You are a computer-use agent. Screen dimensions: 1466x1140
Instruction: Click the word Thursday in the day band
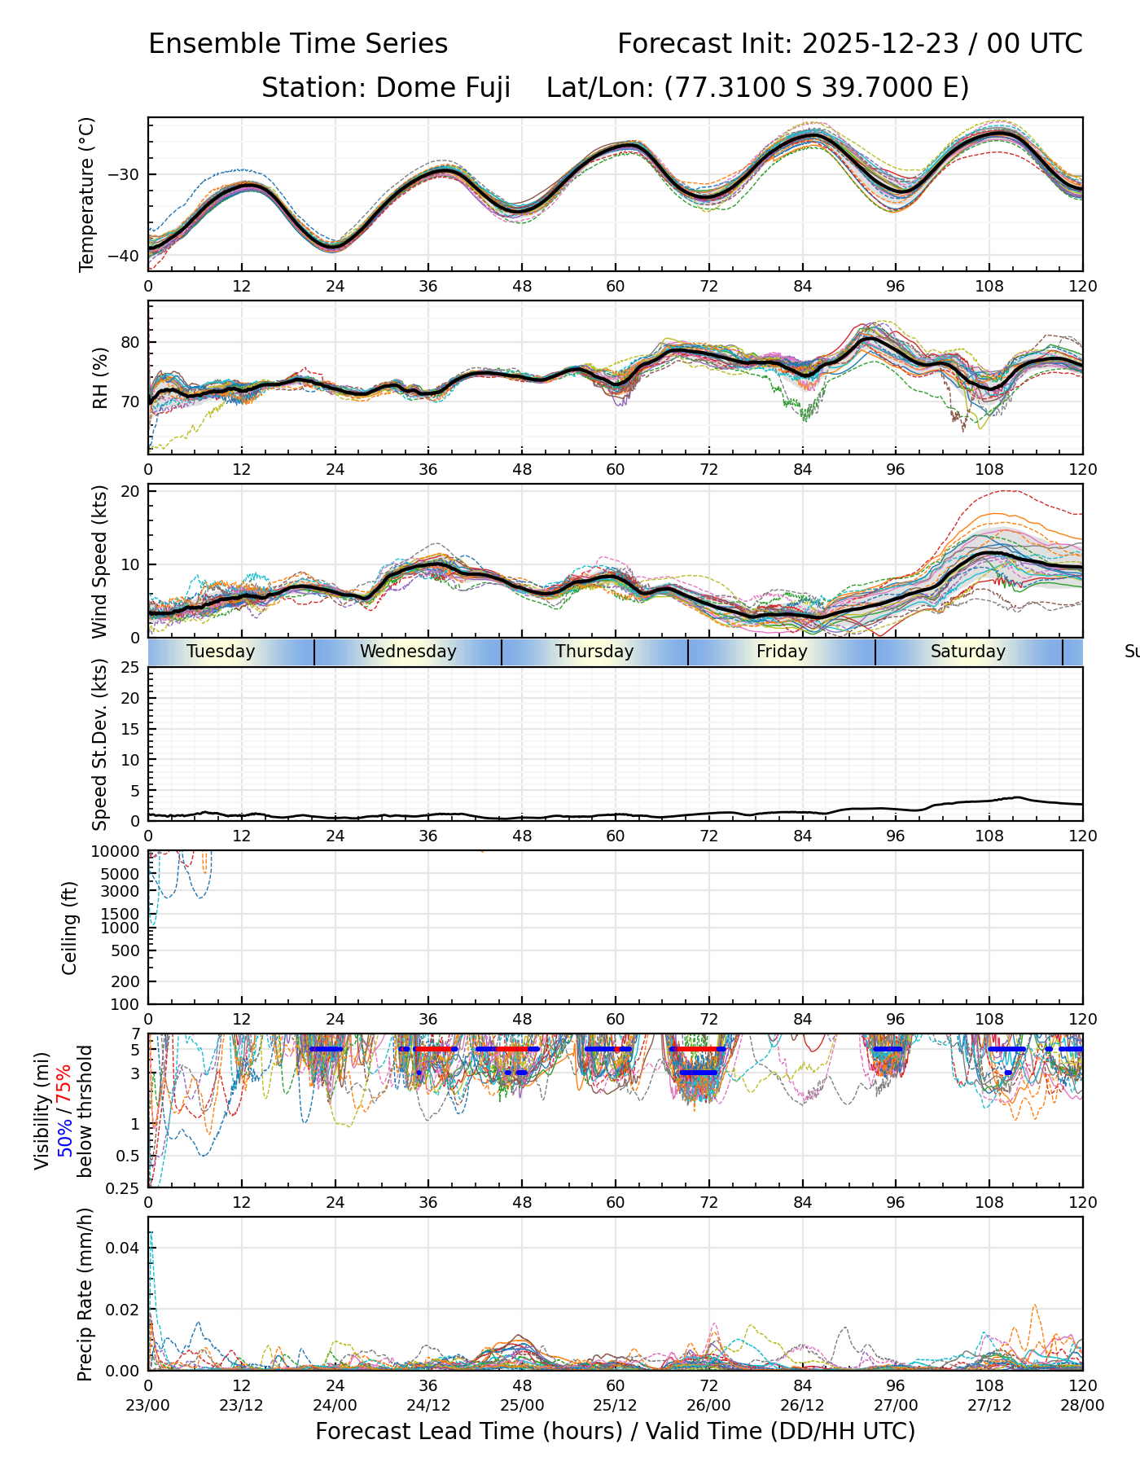(x=594, y=652)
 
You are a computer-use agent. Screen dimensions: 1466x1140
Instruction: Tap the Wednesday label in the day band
(x=408, y=652)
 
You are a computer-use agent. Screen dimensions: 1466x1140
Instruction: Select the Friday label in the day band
(x=782, y=652)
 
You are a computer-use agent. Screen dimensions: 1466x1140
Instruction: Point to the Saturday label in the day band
(x=968, y=652)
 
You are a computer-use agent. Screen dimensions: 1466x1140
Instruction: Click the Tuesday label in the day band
(x=221, y=652)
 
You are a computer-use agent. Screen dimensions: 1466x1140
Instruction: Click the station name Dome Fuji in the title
(x=443, y=88)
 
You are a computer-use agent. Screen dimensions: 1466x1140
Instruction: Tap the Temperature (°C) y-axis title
(x=87, y=194)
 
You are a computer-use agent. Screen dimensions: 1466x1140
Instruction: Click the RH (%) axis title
(x=100, y=378)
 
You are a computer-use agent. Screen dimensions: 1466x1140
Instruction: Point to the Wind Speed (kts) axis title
(x=100, y=561)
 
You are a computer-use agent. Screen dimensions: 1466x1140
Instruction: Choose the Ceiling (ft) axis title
(x=70, y=928)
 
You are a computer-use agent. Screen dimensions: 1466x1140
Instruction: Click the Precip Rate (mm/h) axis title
(x=85, y=1294)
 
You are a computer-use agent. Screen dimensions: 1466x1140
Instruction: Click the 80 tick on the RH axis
(x=130, y=342)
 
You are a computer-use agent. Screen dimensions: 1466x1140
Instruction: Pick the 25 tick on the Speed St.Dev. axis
(x=130, y=668)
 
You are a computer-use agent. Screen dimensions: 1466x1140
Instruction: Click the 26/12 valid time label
(x=802, y=1405)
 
